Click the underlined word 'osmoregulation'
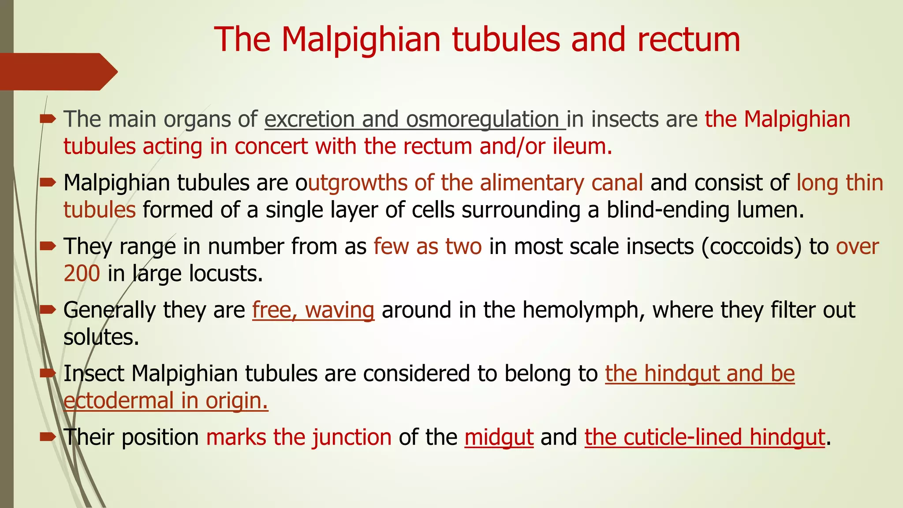482,120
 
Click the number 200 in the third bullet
82,273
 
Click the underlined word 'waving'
340,310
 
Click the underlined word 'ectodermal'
118,401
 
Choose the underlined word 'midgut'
499,437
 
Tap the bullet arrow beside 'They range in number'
48,246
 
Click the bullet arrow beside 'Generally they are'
48,310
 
